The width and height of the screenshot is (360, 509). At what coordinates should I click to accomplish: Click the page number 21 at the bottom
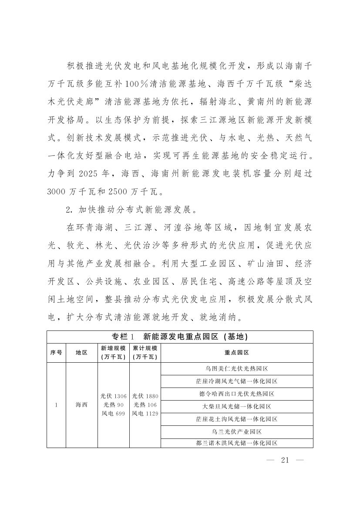(285, 461)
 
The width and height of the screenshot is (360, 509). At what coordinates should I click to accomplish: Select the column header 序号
(56, 353)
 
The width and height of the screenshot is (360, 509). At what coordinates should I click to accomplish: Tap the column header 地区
(82, 353)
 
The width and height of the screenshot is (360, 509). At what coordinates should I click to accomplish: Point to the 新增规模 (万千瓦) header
(113, 353)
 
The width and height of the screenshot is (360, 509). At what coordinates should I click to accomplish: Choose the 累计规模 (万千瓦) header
(145, 353)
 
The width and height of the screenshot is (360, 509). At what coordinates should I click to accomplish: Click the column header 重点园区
(237, 353)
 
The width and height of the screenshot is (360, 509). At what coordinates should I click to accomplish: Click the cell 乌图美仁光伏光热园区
(237, 368)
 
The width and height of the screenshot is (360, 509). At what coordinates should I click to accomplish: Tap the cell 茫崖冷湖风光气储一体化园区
(237, 381)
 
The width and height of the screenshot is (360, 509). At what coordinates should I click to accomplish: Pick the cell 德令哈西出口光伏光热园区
(237, 394)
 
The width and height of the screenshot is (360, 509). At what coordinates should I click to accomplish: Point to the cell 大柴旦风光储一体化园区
(237, 406)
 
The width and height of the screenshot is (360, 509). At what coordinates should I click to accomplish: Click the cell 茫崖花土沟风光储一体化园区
(237, 419)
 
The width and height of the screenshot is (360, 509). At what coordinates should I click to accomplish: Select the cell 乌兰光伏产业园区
(237, 431)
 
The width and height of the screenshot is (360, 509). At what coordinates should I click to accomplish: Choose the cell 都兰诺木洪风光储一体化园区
(237, 443)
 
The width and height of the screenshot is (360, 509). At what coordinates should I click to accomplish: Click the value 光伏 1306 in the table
(113, 396)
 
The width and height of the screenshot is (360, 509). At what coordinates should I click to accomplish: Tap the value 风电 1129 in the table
(145, 413)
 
